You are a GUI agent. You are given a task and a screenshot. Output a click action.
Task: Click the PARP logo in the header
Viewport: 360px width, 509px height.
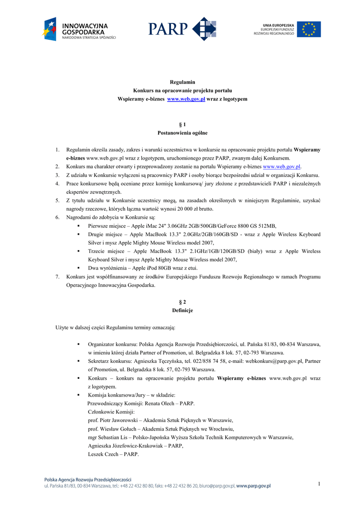tap(182, 29)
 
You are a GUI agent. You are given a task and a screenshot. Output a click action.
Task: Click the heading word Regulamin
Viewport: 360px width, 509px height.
tap(182, 82)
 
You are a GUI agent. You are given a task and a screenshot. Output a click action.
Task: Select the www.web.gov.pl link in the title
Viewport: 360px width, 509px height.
tap(186, 99)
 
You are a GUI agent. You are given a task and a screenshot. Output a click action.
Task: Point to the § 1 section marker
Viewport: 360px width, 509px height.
tap(182, 124)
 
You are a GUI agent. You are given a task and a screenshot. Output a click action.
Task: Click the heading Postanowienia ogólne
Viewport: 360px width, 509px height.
tap(182, 133)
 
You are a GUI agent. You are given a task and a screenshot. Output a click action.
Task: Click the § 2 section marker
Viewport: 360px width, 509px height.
tap(182, 302)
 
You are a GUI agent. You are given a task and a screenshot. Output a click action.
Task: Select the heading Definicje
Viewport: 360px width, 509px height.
tap(182, 310)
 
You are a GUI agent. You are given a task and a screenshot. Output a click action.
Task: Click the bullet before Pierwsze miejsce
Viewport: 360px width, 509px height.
tap(79, 226)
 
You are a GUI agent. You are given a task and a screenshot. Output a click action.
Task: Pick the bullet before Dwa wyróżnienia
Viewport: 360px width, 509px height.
tap(79, 268)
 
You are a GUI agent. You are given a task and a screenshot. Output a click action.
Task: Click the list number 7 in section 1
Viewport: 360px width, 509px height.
tap(57, 276)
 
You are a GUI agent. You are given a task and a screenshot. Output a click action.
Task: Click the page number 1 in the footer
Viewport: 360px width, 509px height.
tap(319, 484)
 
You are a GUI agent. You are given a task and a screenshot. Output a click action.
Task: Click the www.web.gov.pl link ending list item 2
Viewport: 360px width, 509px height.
tap(281, 167)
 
